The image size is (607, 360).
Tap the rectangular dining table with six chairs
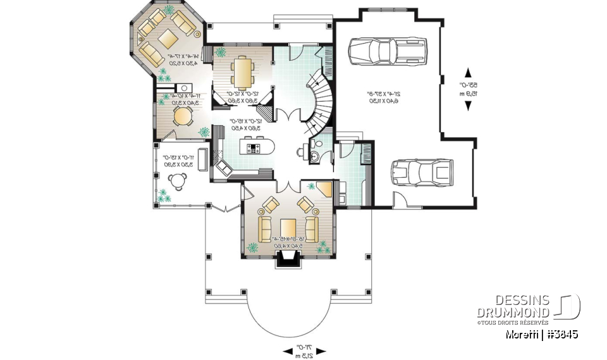tap(242, 71)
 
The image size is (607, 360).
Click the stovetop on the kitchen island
tap(254, 149)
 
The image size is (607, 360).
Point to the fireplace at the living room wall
tap(288, 257)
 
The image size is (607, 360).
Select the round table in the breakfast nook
tap(182, 116)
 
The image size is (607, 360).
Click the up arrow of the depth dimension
tap(468, 71)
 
